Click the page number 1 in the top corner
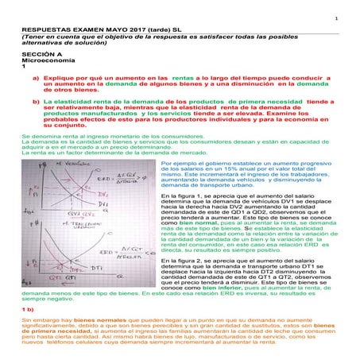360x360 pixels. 336,19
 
